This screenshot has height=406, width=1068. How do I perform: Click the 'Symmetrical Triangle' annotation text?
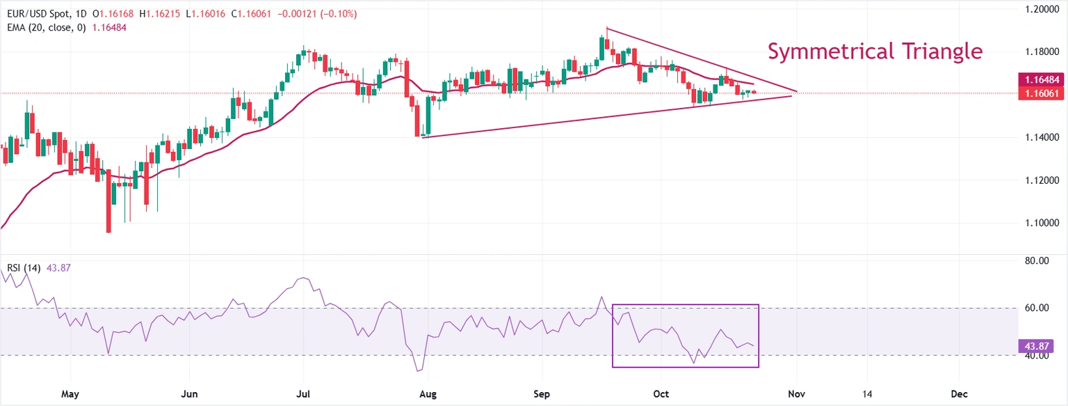[875, 52]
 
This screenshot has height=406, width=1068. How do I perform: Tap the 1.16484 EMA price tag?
[1040, 80]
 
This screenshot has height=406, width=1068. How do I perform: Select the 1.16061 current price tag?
[1040, 93]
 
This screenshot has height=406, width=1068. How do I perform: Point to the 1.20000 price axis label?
[1042, 9]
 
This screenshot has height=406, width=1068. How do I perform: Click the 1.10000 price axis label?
[1042, 223]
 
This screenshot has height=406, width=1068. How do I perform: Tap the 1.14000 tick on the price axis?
[1042, 137]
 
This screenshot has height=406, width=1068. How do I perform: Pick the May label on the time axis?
[70, 393]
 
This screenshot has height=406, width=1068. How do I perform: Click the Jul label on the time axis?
[303, 393]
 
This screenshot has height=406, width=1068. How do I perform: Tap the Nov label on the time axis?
[795, 393]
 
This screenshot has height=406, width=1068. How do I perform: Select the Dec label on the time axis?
[959, 393]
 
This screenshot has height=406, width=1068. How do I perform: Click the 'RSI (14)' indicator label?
[23, 268]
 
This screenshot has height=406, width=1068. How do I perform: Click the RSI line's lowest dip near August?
[419, 370]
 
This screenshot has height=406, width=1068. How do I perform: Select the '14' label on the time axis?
[867, 393]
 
